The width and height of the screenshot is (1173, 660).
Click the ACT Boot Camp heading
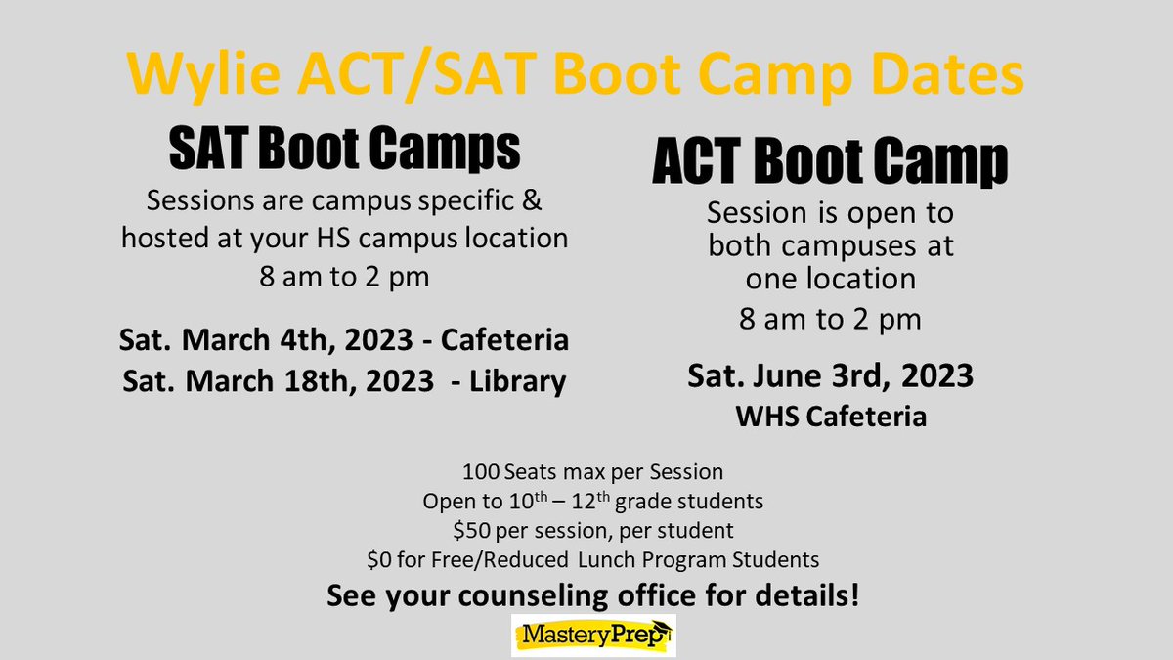click(x=830, y=165)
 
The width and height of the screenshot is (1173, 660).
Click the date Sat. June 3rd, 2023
click(x=830, y=376)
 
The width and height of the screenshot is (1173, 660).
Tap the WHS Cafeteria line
click(x=830, y=418)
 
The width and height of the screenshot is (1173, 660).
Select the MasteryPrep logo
click(x=593, y=637)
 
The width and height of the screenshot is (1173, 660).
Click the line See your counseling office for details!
click(x=593, y=595)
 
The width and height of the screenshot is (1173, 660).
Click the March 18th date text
click(x=279, y=381)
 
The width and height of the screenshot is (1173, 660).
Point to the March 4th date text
click(x=273, y=343)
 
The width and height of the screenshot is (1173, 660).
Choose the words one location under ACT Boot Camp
click(x=830, y=279)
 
